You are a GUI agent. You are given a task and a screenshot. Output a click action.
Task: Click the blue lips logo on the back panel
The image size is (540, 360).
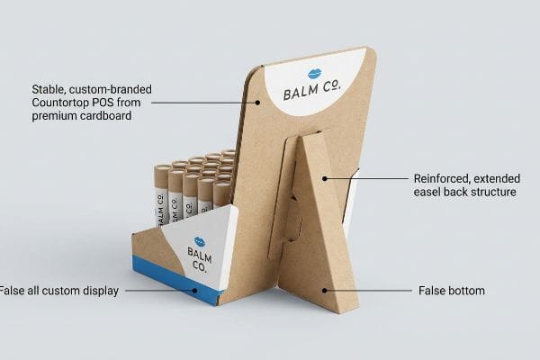tap(314, 74)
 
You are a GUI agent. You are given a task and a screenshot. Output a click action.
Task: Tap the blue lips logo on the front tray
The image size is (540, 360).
tap(200, 241)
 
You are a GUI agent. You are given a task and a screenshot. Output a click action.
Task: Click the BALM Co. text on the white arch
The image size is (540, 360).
tap(312, 90)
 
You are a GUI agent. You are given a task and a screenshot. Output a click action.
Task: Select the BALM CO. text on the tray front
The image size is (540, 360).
tap(200, 259)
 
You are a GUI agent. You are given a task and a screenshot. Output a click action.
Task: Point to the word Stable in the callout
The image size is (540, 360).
tap(49, 90)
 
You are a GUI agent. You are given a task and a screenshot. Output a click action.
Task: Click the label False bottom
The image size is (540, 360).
tap(452, 291)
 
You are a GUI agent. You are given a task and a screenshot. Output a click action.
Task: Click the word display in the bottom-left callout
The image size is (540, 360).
tap(101, 291)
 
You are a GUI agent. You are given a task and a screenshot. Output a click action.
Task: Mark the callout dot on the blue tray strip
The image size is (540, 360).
tap(194, 291)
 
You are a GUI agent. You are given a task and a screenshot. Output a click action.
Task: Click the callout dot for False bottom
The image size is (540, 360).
tap(324, 291)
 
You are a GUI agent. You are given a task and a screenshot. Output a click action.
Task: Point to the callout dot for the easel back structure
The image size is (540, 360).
tap(324, 178)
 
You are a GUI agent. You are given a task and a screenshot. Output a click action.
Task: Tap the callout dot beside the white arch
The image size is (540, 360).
tap(257, 103)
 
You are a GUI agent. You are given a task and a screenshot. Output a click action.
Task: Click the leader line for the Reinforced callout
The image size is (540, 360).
tap(366, 178)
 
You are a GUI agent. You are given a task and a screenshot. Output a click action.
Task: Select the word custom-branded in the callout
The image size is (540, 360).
tap(110, 90)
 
